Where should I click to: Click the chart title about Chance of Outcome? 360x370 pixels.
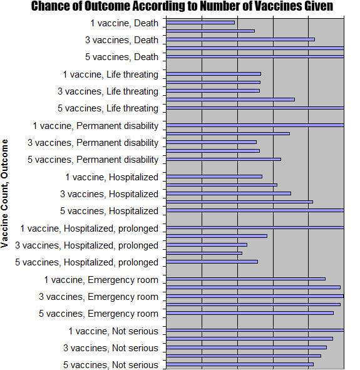coord(182,6)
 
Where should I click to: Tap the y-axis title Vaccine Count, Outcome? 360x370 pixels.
coord(5,193)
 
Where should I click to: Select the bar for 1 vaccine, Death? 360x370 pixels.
coord(200,23)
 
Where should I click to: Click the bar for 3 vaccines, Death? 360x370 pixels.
coord(240,39)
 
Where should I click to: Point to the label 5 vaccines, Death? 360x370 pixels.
coord(121,57)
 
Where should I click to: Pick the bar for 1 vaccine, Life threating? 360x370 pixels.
coord(213,74)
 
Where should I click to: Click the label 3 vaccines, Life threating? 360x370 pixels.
coord(108,91)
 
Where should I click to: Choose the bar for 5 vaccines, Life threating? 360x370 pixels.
coord(255,108)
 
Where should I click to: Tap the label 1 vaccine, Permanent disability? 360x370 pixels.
coord(96,126)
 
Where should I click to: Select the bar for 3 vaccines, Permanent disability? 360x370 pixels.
coord(212,142)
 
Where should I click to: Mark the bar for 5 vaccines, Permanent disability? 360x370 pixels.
coord(224,159)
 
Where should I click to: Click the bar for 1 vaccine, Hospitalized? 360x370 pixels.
coord(214,177)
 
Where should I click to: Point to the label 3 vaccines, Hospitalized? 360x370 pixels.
coord(109,194)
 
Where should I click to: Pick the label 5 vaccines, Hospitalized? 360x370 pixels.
coord(109,211)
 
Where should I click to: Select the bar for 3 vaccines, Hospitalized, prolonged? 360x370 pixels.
coord(207,245)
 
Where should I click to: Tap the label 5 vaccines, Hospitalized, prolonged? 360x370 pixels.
coord(86,262)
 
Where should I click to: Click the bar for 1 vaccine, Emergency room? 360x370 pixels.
coord(246,279)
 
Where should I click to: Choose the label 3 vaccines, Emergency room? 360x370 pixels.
coord(99,297)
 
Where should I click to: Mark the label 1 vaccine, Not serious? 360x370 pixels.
coord(113,331)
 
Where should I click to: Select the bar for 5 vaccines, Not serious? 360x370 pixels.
coord(240,364)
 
